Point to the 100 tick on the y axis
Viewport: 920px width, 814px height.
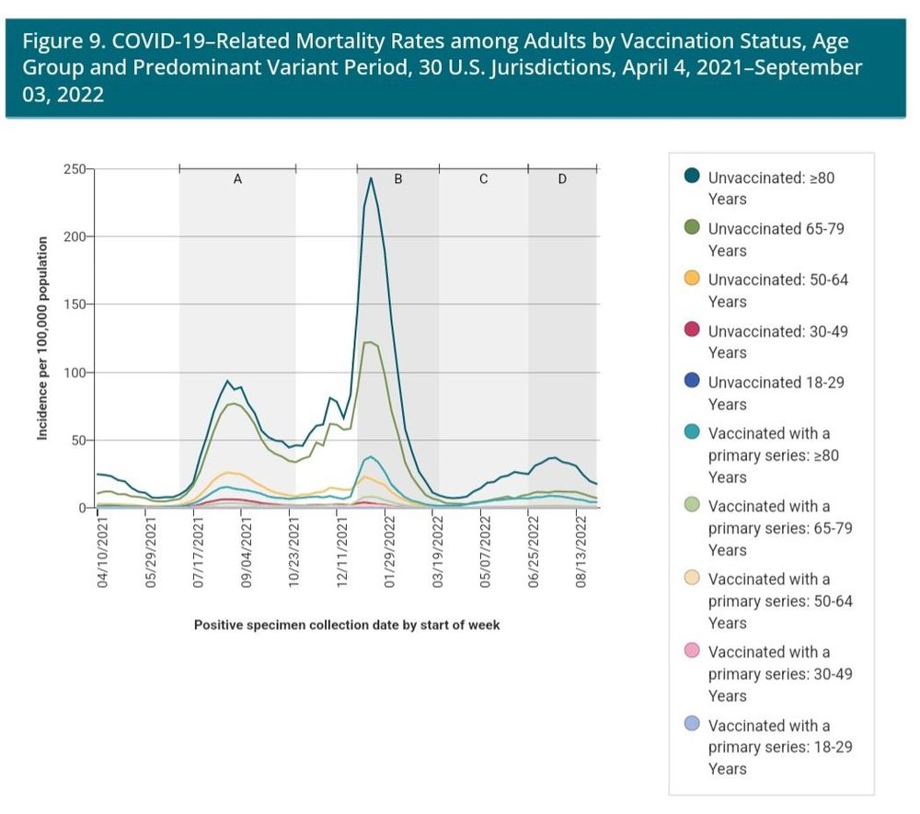(75, 373)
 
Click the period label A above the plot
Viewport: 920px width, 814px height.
(237, 179)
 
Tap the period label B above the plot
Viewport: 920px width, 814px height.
(398, 179)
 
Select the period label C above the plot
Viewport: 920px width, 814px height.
(484, 179)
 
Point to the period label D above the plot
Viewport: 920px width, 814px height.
(562, 179)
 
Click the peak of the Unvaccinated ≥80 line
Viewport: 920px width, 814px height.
(371, 178)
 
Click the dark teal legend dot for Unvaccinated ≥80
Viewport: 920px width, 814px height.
(693, 177)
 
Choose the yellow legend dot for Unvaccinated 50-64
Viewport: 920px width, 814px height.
(693, 279)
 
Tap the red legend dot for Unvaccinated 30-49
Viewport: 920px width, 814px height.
(693, 330)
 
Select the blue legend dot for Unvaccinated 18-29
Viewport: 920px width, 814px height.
(693, 382)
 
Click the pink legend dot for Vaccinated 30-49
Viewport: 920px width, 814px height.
(693, 651)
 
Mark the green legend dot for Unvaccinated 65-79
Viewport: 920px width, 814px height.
(693, 228)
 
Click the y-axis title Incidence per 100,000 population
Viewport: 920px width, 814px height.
(42, 338)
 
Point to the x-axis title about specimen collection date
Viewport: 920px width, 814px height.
(347, 625)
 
